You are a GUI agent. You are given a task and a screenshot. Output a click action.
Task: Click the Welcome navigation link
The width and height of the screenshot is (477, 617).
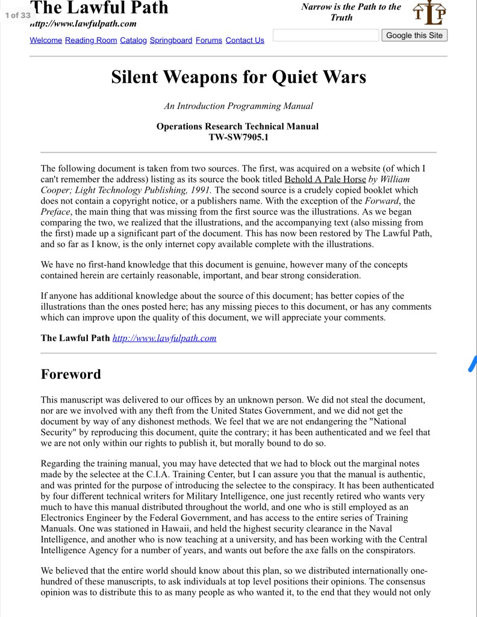click(x=46, y=40)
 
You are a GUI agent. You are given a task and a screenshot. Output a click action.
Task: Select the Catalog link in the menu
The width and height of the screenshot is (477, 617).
click(x=133, y=40)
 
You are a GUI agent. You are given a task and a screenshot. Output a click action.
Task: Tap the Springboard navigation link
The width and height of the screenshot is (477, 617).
click(x=171, y=40)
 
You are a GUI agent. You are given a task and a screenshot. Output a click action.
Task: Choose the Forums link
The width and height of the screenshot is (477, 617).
click(x=209, y=40)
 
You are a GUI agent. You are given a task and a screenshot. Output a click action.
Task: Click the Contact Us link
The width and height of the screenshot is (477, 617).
click(x=245, y=40)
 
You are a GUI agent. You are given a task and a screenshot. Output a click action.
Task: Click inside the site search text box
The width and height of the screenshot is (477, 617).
click(x=326, y=36)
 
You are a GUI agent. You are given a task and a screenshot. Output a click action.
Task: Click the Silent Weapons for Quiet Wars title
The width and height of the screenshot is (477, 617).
click(x=238, y=78)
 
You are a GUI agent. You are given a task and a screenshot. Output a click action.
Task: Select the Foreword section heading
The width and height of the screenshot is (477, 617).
click(x=71, y=374)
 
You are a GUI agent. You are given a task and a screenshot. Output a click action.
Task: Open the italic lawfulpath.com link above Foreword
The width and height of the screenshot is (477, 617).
click(x=164, y=338)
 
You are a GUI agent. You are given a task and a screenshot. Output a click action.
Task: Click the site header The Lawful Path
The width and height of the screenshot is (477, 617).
click(x=99, y=8)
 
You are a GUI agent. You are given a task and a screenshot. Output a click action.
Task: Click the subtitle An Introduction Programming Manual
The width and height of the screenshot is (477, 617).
click(x=238, y=106)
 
